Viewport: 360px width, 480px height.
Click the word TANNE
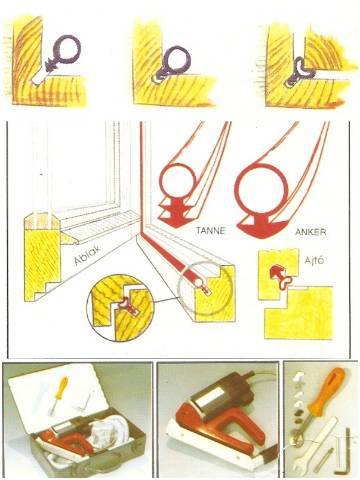(210, 230)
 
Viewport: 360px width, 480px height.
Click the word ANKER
(310, 232)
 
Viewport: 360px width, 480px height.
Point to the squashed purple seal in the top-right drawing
(297, 72)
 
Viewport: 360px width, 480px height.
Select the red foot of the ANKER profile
(262, 227)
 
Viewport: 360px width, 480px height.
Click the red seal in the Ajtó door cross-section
(282, 276)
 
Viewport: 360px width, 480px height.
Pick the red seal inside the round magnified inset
(129, 304)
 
